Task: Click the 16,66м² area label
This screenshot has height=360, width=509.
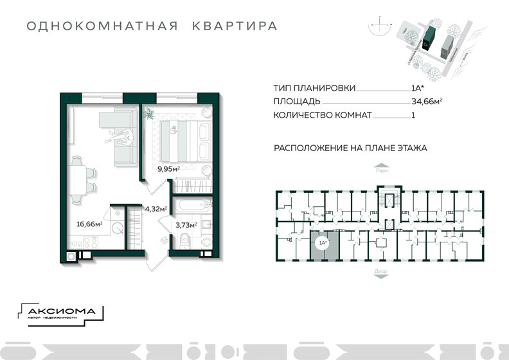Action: click(89, 225)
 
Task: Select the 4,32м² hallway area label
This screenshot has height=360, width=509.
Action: click(156, 209)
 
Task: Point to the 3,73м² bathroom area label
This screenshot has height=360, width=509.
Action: click(185, 225)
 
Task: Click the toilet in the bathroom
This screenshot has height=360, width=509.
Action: click(185, 241)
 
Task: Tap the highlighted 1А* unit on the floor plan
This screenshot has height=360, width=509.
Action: click(321, 244)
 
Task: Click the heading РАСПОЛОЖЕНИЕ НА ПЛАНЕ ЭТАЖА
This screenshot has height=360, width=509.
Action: click(350, 148)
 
